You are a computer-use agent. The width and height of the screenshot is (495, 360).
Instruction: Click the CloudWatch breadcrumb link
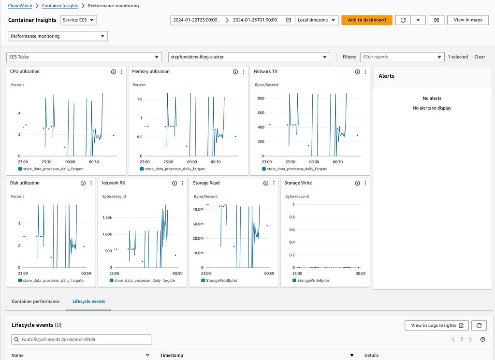(20, 6)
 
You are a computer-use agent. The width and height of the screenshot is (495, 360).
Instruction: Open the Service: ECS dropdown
(78, 20)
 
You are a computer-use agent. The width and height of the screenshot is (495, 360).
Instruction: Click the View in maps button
(468, 20)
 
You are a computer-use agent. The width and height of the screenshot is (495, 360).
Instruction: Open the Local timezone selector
(317, 20)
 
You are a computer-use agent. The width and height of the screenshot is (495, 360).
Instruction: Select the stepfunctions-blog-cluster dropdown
(249, 57)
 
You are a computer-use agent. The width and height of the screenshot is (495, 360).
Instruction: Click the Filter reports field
(403, 57)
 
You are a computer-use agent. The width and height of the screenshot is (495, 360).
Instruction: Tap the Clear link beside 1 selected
(480, 57)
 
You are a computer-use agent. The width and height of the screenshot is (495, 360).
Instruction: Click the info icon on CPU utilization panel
(113, 72)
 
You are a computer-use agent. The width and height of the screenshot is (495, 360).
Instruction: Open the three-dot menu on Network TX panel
(365, 72)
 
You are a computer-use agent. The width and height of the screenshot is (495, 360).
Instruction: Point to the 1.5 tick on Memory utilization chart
(140, 99)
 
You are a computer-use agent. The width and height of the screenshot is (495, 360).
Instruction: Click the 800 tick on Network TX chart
(261, 98)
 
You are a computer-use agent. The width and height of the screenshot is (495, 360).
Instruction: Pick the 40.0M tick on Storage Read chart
(198, 209)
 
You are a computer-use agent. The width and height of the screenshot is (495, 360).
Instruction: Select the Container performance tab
(36, 302)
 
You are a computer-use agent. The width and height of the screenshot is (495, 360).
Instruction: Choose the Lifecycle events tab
(89, 302)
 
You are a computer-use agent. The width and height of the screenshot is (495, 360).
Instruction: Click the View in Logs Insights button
(437, 325)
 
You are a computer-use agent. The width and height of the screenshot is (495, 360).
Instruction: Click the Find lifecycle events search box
(81, 339)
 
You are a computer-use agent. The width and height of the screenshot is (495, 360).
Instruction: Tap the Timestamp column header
(172, 355)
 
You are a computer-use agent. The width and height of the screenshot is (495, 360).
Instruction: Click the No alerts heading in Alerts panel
(432, 98)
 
